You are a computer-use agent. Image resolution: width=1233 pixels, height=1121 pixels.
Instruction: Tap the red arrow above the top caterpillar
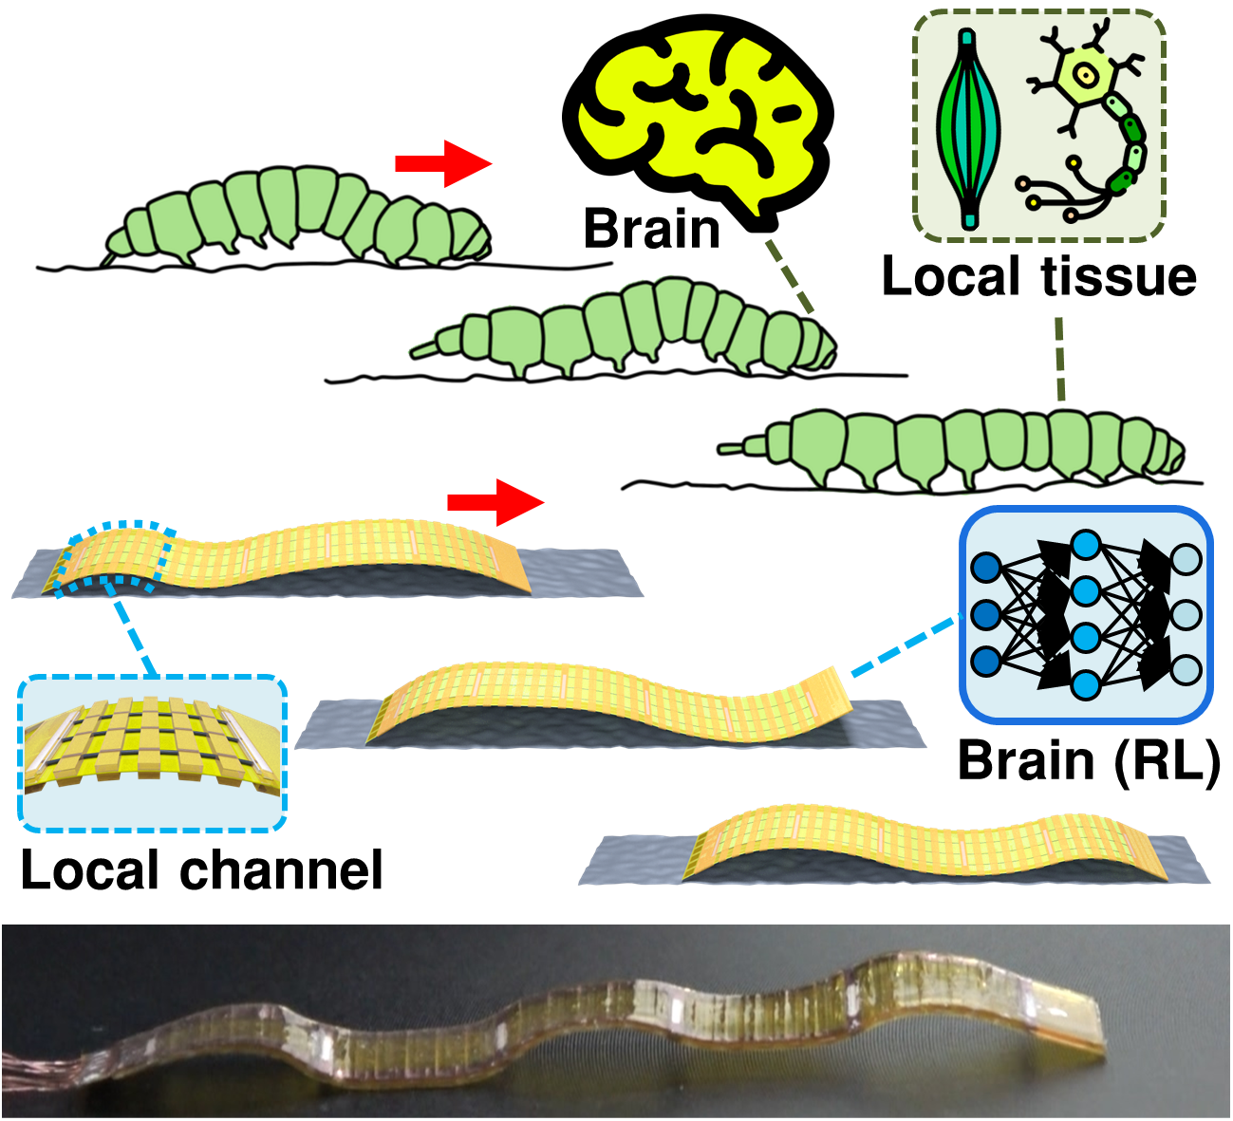[442, 164]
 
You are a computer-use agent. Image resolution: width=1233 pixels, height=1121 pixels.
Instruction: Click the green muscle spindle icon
[968, 130]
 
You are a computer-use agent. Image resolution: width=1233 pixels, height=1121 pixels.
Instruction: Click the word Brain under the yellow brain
[652, 231]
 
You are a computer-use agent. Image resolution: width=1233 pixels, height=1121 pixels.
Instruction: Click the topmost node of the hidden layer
[1085, 545]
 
